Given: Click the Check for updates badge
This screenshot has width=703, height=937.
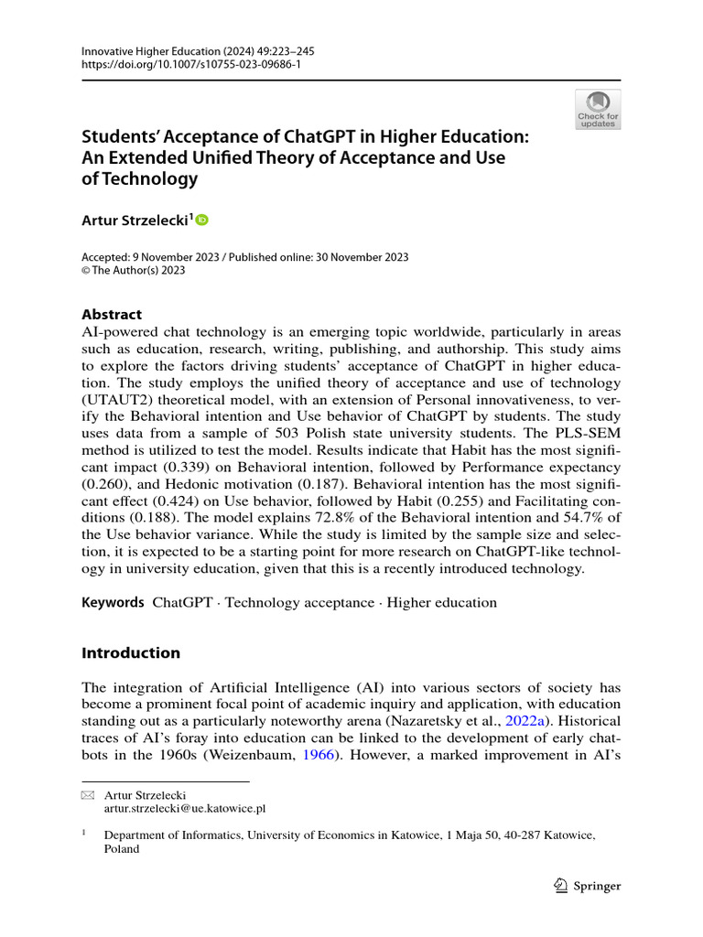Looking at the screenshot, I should (597, 109).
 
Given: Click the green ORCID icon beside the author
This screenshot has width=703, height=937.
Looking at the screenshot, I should (202, 220).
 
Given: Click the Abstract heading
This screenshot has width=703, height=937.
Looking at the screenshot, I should (112, 314).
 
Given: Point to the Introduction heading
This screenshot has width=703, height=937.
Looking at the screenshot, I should (131, 652).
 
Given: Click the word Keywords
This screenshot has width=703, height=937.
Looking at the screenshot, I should (113, 602).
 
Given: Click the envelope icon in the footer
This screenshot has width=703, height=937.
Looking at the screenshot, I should (88, 796).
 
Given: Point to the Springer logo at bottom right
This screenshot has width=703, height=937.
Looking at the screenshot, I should (589, 886).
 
